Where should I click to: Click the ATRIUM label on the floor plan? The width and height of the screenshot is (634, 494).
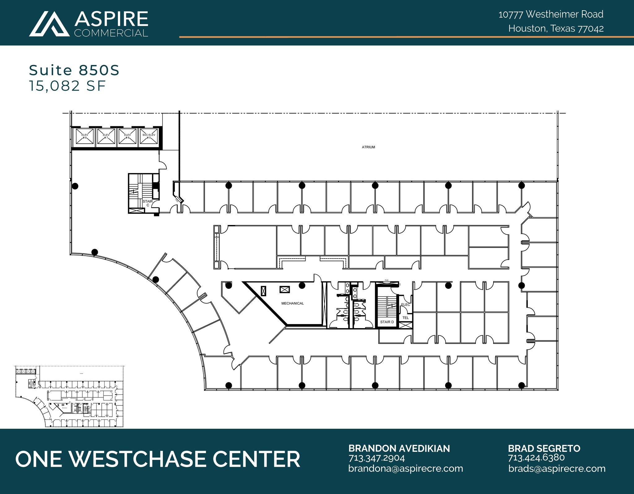(x=368, y=147)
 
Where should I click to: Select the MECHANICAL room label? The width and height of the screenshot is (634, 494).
(x=292, y=303)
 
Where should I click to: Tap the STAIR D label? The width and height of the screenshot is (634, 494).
(x=387, y=322)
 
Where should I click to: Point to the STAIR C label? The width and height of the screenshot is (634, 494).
(x=148, y=203)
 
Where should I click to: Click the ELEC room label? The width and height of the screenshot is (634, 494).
(x=405, y=305)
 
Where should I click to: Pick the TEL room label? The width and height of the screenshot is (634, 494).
(x=406, y=318)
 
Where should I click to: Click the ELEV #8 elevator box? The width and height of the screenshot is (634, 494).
(x=85, y=136)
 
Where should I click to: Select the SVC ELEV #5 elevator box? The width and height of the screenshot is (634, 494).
(x=149, y=136)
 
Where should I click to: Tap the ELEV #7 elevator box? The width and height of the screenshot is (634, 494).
(x=106, y=136)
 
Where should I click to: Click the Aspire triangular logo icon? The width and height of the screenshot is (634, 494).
(x=50, y=24)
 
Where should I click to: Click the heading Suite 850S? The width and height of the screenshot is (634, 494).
(x=74, y=70)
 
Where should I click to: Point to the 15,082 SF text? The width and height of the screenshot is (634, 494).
(x=67, y=86)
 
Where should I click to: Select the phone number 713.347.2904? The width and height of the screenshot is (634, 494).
(x=376, y=458)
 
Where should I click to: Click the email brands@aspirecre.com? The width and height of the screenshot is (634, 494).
(x=557, y=469)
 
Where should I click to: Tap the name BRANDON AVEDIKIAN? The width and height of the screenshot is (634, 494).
(x=399, y=448)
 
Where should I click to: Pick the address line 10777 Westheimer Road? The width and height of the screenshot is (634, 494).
(x=551, y=14)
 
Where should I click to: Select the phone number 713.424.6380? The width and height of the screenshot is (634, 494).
(x=536, y=458)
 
